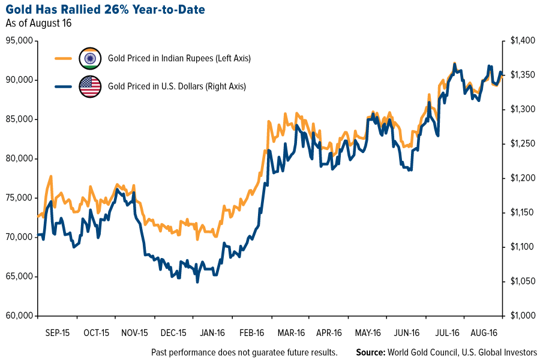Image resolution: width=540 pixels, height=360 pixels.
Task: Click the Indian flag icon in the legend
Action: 90,59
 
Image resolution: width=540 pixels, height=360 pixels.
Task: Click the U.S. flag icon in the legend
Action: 90,86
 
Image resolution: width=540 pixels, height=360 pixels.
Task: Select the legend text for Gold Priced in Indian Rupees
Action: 179,59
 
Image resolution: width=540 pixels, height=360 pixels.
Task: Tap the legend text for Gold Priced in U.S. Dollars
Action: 177,86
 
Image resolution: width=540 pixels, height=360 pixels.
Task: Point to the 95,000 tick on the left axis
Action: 20,41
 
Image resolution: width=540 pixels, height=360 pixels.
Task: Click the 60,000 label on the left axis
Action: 20,316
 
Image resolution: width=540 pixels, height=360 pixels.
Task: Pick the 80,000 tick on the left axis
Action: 20,159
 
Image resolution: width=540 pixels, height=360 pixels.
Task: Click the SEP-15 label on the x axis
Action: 58,332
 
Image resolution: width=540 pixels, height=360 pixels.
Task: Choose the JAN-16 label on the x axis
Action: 212,332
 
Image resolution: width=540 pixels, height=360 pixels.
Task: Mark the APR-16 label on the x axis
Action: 329,332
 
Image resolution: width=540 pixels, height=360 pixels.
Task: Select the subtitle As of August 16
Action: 40,24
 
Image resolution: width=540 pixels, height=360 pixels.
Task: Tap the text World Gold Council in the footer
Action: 422,352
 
